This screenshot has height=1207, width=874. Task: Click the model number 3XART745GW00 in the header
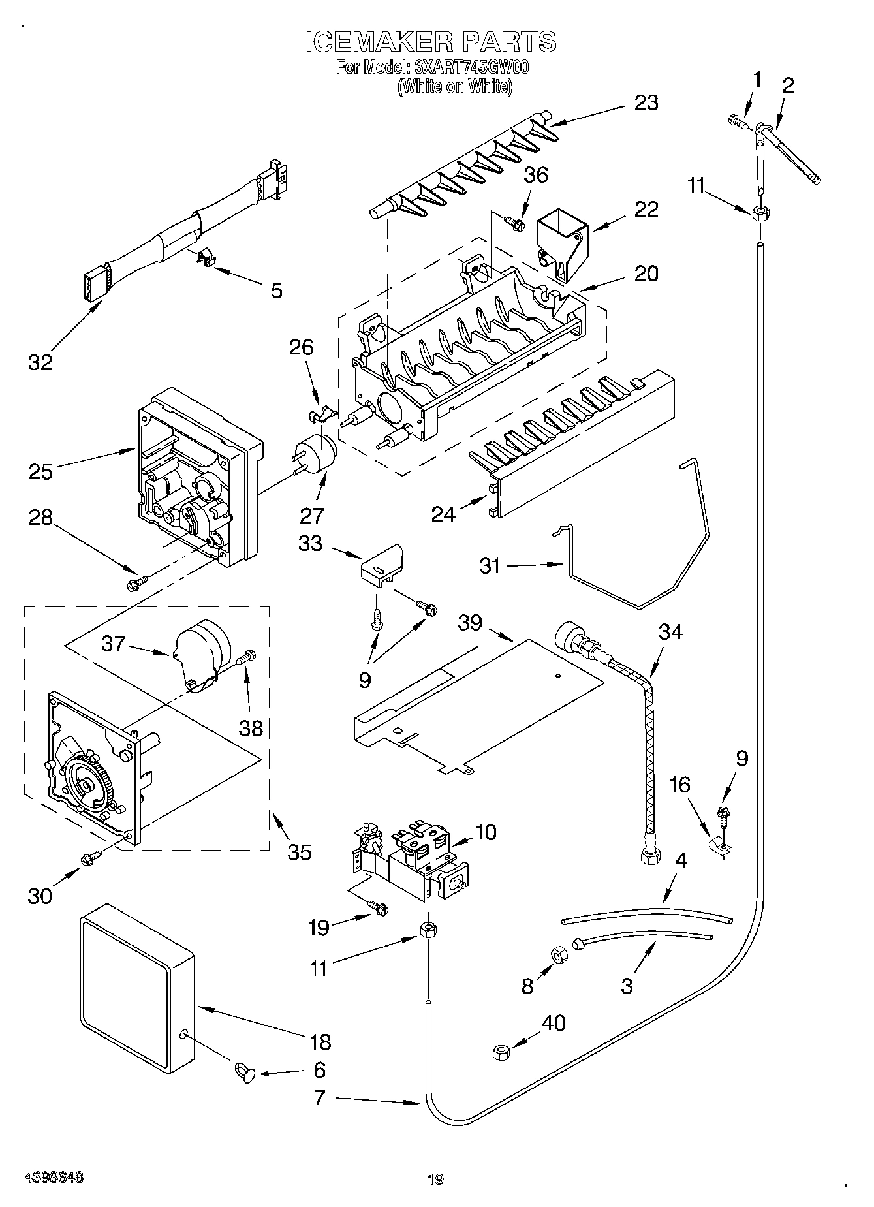(471, 67)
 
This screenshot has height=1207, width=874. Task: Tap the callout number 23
(646, 102)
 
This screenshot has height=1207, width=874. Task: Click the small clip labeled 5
(206, 258)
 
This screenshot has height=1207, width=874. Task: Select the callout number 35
(299, 851)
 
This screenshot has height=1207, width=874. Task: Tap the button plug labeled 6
(247, 1071)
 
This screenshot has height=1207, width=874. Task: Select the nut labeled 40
(500, 1052)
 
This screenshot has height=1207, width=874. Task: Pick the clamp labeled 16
(720, 848)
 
